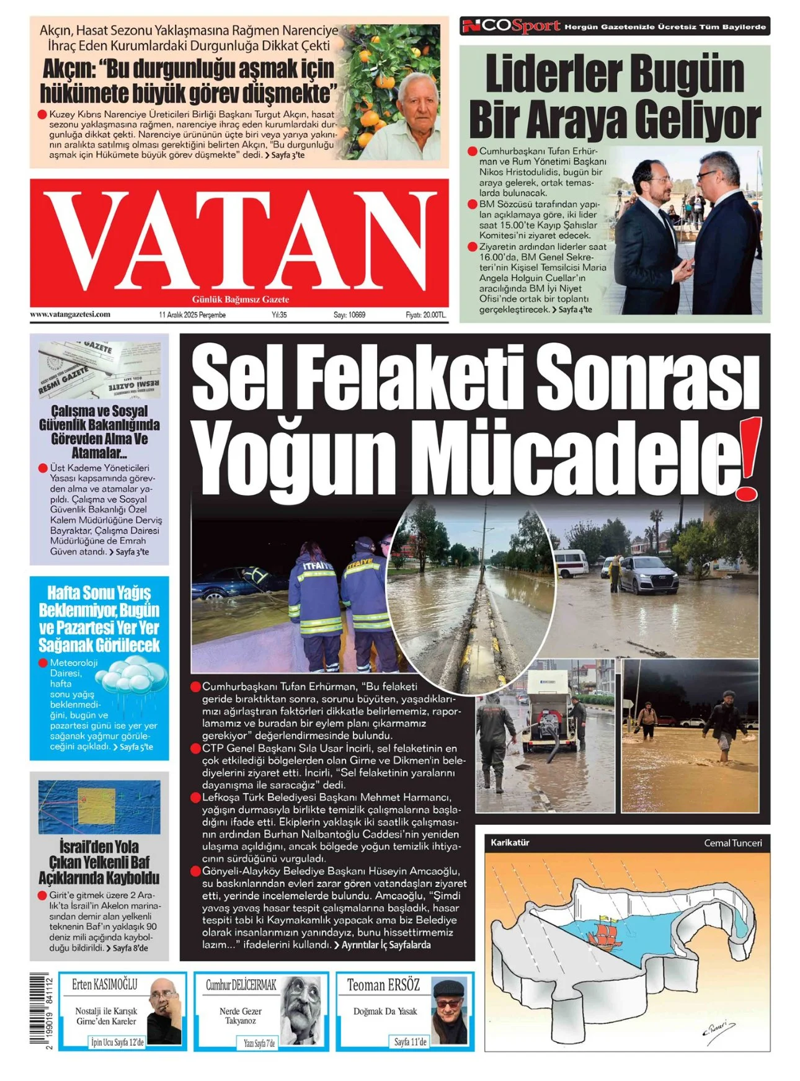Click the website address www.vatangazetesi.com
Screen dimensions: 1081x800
(x=70, y=314)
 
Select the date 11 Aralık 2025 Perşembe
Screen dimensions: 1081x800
(x=192, y=315)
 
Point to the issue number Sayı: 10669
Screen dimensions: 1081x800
(x=349, y=315)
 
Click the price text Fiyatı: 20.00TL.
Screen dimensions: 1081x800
(x=425, y=315)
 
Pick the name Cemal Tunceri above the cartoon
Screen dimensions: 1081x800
(x=732, y=843)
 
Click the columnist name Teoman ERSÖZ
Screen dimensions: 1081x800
(x=383, y=985)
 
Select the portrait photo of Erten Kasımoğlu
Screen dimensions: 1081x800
(x=163, y=1012)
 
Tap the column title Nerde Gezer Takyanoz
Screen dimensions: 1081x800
(x=240, y=1015)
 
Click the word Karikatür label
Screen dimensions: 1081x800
(x=510, y=843)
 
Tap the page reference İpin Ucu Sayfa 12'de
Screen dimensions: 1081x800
(x=117, y=1043)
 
